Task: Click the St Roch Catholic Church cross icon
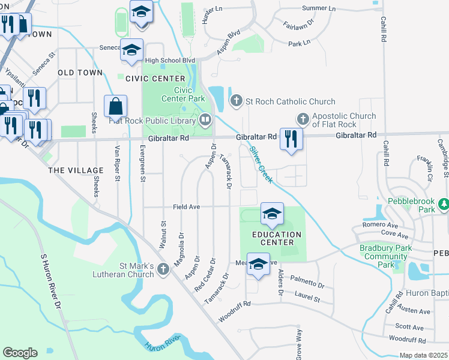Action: click(236, 101)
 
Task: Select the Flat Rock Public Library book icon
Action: click(205, 120)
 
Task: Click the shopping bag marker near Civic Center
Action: click(115, 106)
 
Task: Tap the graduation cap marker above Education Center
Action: click(272, 214)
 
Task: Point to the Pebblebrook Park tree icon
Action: click(444, 205)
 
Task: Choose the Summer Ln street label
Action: click(319, 8)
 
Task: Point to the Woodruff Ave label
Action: click(406, 339)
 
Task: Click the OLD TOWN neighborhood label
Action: click(80, 73)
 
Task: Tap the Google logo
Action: click(20, 353)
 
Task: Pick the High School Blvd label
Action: click(170, 61)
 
